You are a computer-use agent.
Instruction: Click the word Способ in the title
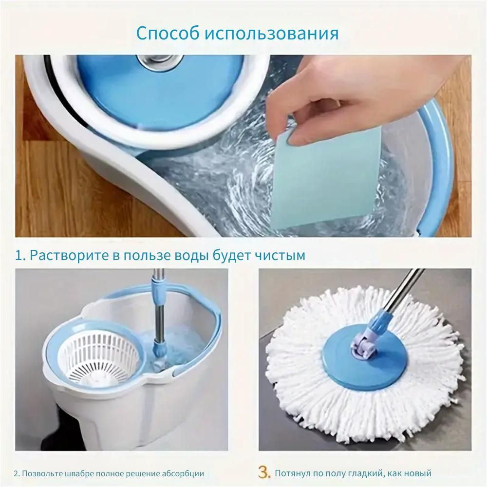coord(168,33)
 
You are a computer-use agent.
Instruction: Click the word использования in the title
coord(272,34)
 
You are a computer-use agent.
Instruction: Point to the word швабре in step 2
coord(79,474)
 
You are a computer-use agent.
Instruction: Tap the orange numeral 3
coord(264,472)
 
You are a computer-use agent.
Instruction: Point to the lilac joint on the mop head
coord(363,347)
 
